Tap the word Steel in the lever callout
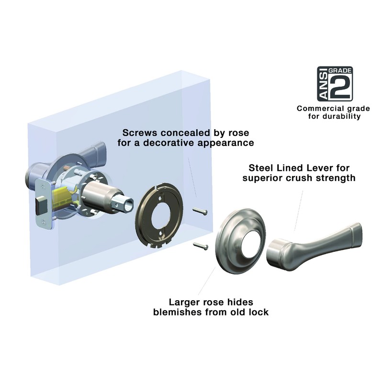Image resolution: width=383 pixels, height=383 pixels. [x=261, y=169]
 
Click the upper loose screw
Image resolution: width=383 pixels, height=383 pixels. [x=199, y=210]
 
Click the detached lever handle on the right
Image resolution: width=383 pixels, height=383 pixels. [x=311, y=244]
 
